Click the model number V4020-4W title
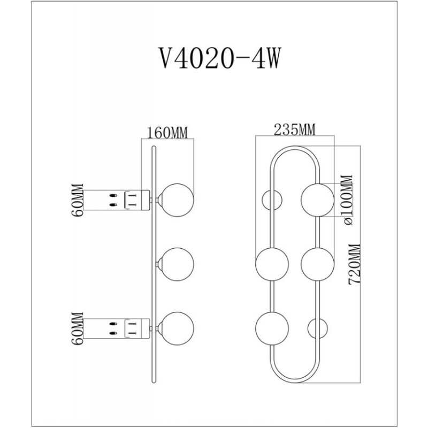(x=219, y=58)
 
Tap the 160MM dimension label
(x=167, y=133)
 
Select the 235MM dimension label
(x=295, y=129)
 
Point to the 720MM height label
(x=355, y=264)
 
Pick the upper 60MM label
(x=77, y=200)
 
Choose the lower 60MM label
(x=77, y=328)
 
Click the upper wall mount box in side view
(x=137, y=200)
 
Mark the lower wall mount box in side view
(x=137, y=328)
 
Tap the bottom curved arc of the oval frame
(x=295, y=381)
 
